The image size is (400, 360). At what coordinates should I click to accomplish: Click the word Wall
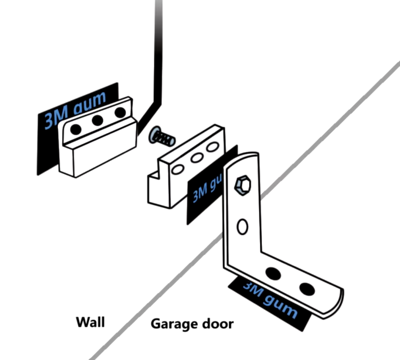[x=90, y=322]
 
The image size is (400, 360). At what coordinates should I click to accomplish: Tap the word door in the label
[x=218, y=324]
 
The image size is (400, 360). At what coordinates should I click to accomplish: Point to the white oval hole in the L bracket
[x=243, y=227]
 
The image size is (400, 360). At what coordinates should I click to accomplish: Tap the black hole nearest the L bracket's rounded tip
[x=307, y=289]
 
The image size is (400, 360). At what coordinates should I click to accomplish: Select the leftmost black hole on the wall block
[x=76, y=129]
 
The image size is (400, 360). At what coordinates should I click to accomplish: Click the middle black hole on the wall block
[x=97, y=120]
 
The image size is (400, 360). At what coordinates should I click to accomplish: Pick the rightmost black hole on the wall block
[x=120, y=112]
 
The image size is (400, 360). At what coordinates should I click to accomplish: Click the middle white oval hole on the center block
[x=196, y=158]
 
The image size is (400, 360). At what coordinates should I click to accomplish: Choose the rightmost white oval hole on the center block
[x=212, y=146]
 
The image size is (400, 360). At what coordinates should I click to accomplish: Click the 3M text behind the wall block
[x=53, y=118]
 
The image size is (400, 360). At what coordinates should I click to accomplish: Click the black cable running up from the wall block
[x=158, y=50]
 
